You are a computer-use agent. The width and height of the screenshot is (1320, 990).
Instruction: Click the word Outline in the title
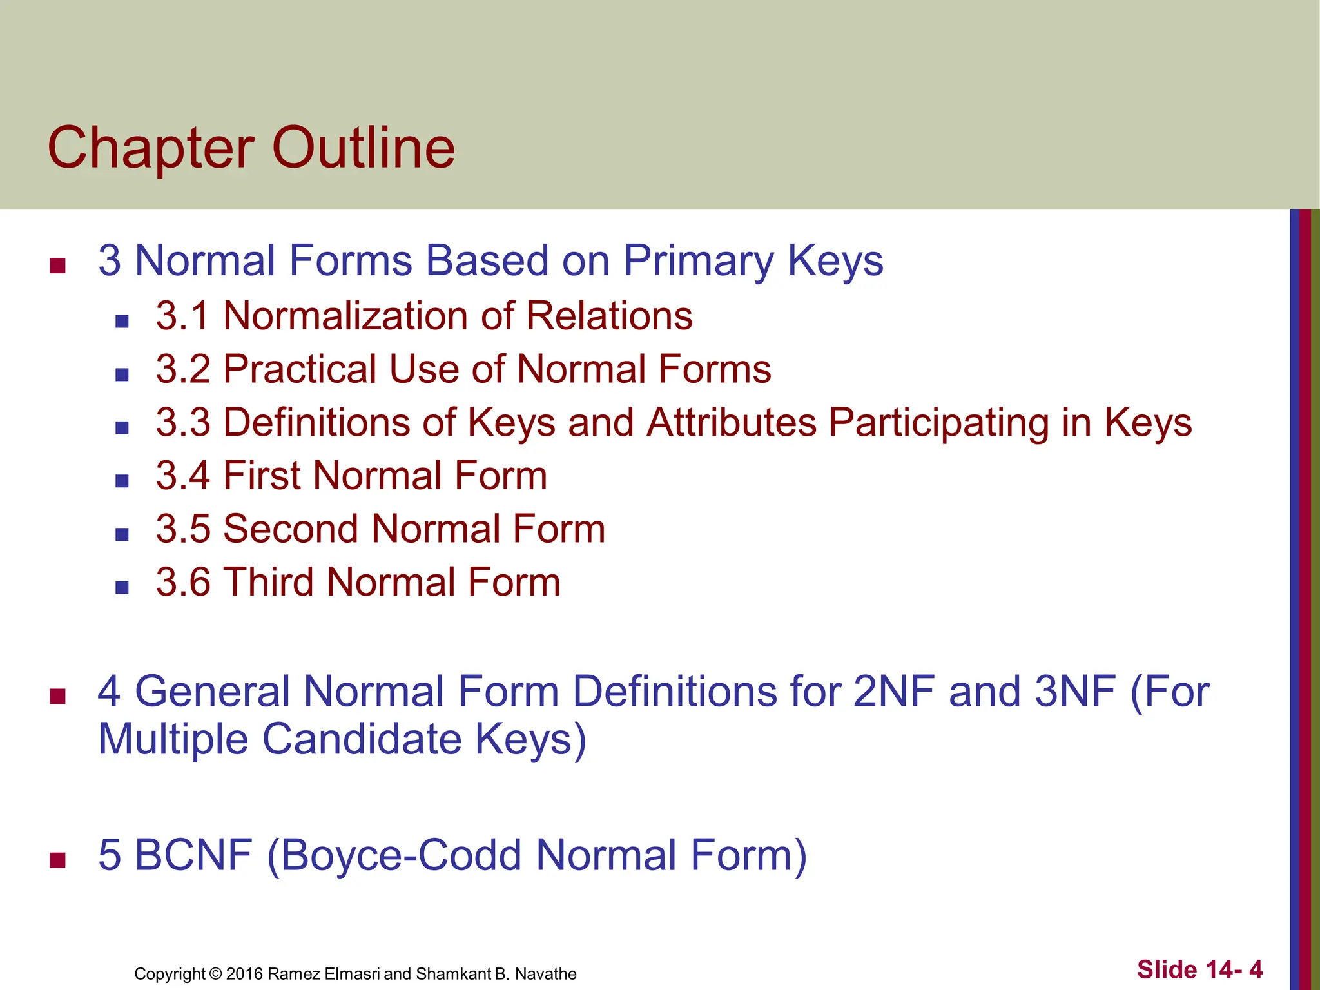tap(363, 148)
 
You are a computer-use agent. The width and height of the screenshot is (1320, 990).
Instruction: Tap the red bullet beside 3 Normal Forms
tap(58, 266)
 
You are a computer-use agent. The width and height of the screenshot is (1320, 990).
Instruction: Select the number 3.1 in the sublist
tap(182, 316)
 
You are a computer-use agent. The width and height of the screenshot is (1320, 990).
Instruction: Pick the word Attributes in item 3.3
tap(731, 423)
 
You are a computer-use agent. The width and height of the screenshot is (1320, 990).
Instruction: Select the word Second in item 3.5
tap(290, 529)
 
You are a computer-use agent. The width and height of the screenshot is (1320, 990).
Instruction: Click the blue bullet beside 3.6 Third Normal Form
tap(122, 587)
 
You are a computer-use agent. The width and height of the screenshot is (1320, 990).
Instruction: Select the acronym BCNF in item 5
tap(193, 855)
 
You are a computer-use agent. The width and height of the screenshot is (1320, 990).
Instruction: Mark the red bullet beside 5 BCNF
tap(58, 860)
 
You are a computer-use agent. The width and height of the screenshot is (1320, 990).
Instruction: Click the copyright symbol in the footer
tap(215, 974)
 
